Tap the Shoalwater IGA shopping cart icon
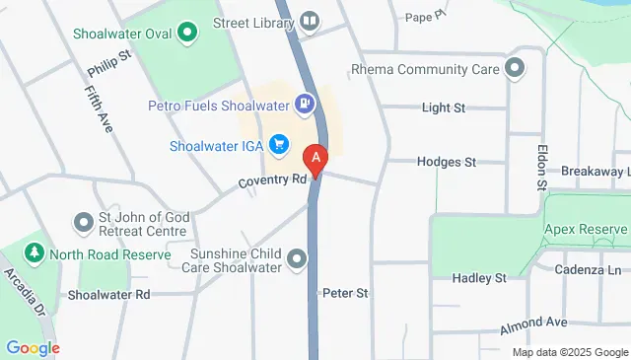click(x=279, y=145)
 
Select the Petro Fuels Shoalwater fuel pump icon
click(x=307, y=101)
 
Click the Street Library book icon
click(x=310, y=20)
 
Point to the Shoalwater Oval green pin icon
click(x=186, y=34)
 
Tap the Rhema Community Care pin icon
click(x=514, y=69)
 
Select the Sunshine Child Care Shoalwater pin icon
click(x=296, y=258)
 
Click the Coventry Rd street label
click(x=272, y=180)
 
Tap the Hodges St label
click(x=446, y=161)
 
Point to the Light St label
click(x=442, y=108)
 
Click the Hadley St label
click(x=478, y=278)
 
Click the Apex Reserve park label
click(x=586, y=229)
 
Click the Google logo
click(x=33, y=347)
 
